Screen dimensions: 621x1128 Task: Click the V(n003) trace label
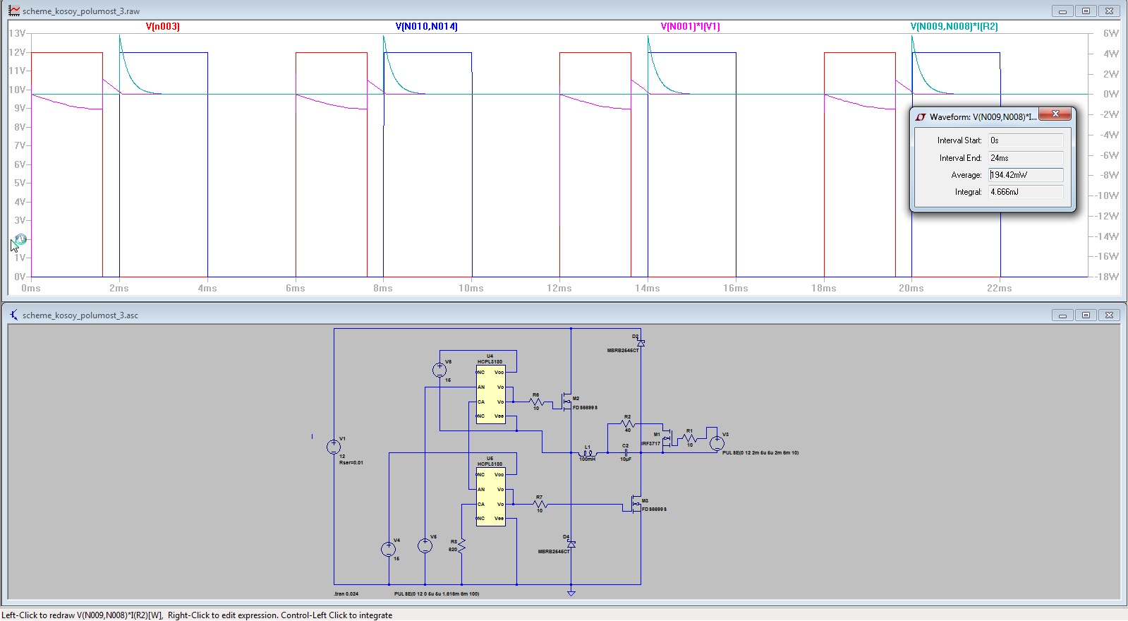[x=162, y=26]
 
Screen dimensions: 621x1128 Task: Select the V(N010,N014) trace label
[x=426, y=26]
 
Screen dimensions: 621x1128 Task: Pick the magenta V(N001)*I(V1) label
[x=690, y=26]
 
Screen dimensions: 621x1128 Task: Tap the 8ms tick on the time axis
[x=383, y=288]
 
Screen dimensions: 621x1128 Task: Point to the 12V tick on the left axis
[x=17, y=52]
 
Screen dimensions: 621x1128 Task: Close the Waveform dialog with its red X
[x=1055, y=114]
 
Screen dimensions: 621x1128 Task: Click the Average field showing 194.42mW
[x=1025, y=175]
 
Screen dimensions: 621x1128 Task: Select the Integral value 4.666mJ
[x=1025, y=192]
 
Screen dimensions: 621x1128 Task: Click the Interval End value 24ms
[x=1025, y=158]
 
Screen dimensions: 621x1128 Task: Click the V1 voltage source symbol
[x=334, y=447]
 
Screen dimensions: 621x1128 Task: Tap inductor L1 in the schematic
[x=588, y=453]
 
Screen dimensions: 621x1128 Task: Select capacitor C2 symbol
[x=626, y=452]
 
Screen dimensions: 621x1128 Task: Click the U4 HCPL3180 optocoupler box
[x=490, y=394]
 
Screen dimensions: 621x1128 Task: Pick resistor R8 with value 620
[x=461, y=545]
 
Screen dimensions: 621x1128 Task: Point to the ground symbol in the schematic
[x=571, y=593]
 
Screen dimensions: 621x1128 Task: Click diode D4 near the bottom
[x=571, y=544]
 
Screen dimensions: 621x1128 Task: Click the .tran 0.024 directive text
[x=346, y=594]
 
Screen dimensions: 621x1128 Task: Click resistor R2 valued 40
[x=628, y=424]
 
